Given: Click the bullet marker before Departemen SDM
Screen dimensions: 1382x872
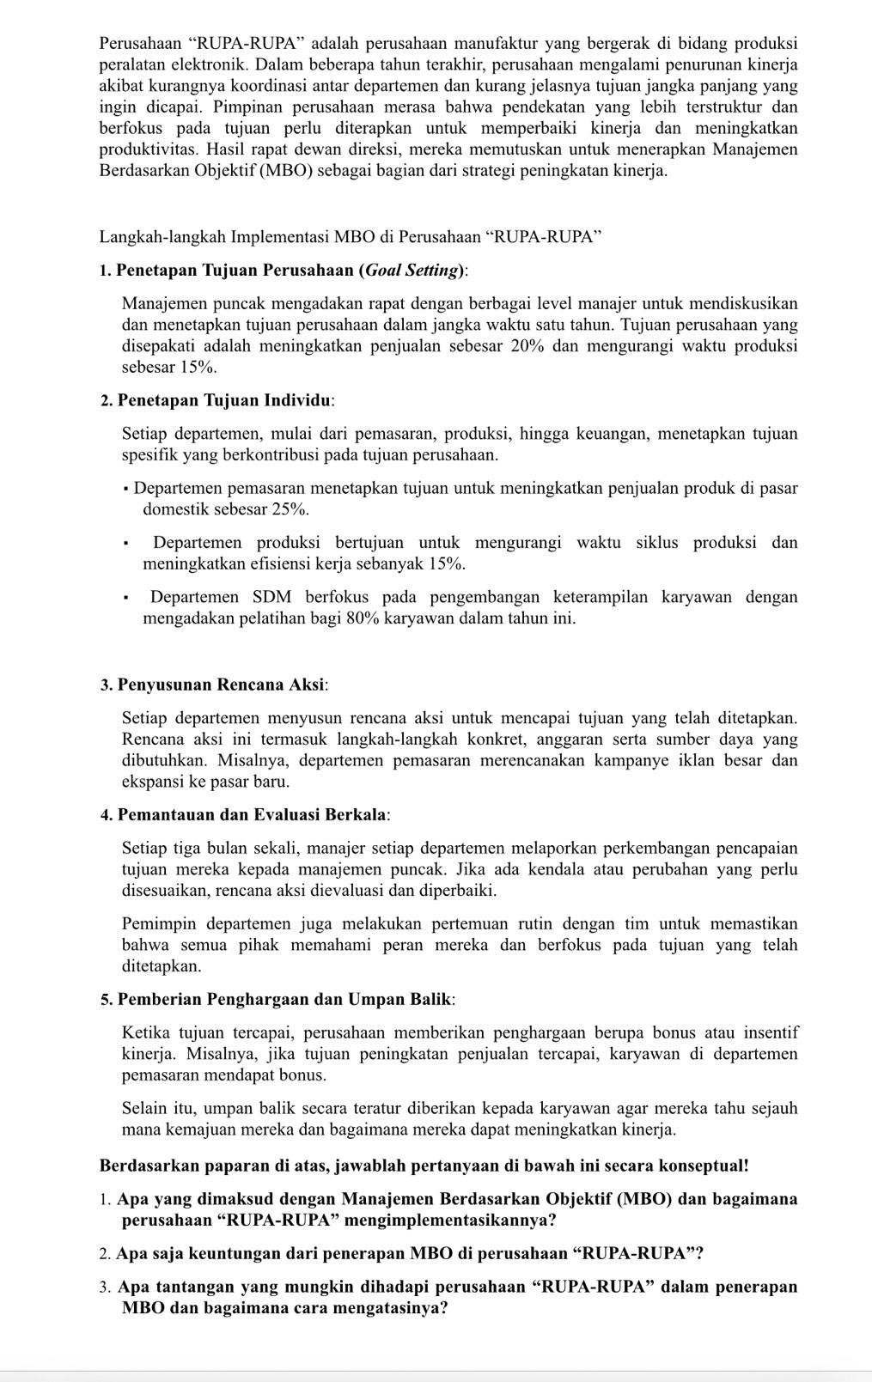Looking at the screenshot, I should [125, 597].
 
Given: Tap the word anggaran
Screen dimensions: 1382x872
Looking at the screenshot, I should [607, 740].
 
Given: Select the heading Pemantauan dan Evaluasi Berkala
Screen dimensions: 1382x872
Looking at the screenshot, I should [253, 814].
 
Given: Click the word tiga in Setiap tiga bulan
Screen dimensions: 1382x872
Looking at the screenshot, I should [187, 849].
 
